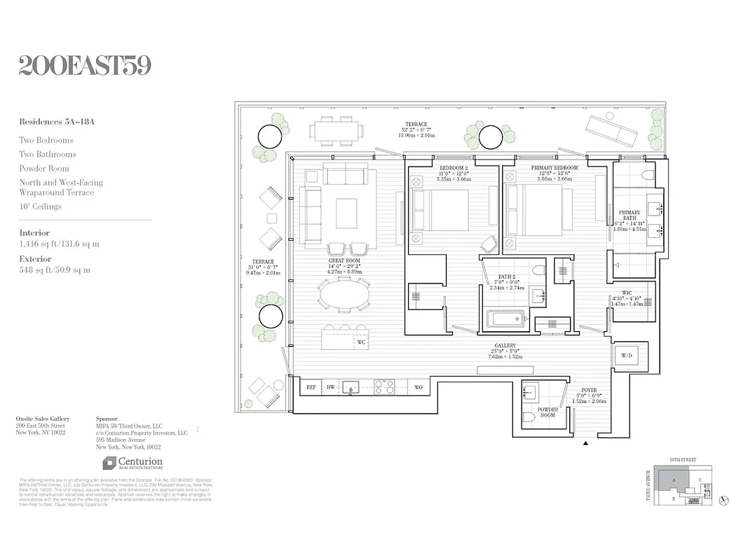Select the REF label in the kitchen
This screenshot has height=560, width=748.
(x=311, y=386)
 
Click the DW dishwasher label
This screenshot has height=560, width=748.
(x=331, y=386)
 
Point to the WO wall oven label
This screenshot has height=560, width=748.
(x=419, y=386)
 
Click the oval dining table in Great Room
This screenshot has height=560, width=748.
(x=345, y=293)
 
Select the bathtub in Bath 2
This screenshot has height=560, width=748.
(x=506, y=319)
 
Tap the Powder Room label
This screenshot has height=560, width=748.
(x=548, y=412)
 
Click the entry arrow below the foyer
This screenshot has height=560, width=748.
(x=587, y=442)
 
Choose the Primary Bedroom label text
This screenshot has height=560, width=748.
(x=554, y=168)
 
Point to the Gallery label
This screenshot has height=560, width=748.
(x=505, y=346)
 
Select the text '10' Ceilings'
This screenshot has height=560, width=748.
(x=41, y=206)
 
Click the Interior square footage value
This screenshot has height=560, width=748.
(x=59, y=244)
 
